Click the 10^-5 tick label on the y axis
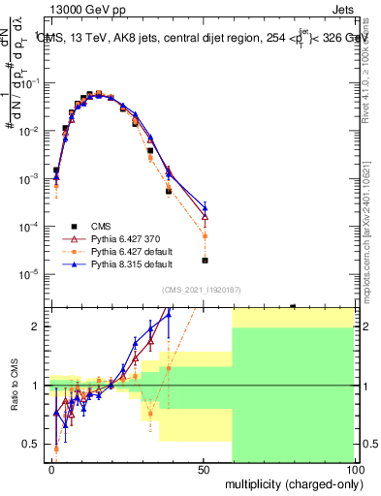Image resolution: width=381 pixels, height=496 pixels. click(x=30, y=274)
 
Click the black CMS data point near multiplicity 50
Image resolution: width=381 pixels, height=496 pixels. click(x=205, y=260)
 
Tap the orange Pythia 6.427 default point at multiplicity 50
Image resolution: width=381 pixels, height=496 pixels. click(x=205, y=235)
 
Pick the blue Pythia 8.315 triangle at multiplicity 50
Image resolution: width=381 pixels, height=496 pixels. click(x=205, y=206)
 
